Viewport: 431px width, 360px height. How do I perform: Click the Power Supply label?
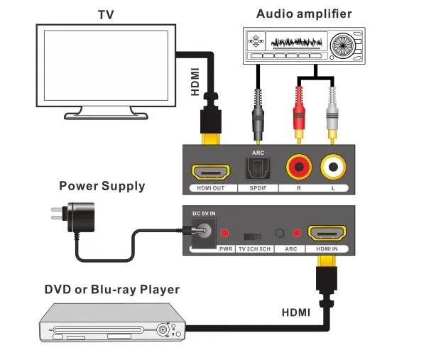pos(102,187)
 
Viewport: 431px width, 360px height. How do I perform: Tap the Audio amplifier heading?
pos(304,13)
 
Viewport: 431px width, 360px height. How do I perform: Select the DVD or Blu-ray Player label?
pos(111,290)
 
